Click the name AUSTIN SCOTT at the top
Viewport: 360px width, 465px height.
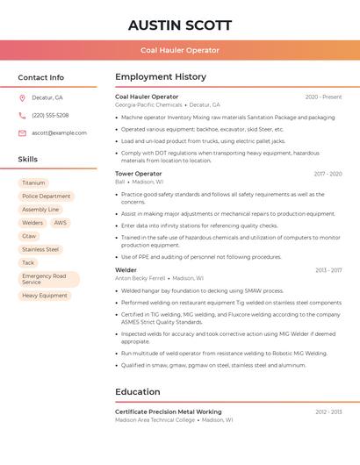click(x=180, y=25)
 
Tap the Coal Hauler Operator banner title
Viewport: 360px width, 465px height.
click(x=180, y=50)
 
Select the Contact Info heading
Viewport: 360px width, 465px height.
click(x=41, y=77)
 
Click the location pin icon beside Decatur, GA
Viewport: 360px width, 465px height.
click(x=22, y=98)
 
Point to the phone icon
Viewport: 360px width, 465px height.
click(x=22, y=116)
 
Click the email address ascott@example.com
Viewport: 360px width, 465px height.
click(x=60, y=133)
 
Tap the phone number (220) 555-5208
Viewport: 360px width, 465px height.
click(x=50, y=116)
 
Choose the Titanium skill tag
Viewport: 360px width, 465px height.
click(x=33, y=183)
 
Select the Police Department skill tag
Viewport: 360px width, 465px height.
click(x=47, y=197)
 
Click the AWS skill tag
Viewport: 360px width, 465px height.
click(x=60, y=223)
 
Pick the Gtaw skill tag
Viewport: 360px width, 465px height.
click(x=30, y=236)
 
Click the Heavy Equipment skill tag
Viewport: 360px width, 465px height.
click(x=45, y=296)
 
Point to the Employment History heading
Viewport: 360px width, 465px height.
click(x=161, y=77)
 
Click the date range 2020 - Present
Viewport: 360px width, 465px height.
click(x=323, y=97)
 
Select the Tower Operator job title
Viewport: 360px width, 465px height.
click(x=139, y=174)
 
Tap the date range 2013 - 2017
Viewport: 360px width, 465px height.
click(x=328, y=270)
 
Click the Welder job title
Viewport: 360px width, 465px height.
click(x=126, y=270)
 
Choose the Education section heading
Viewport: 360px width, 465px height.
click(x=138, y=392)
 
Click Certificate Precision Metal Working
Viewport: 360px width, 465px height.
click(x=169, y=411)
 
